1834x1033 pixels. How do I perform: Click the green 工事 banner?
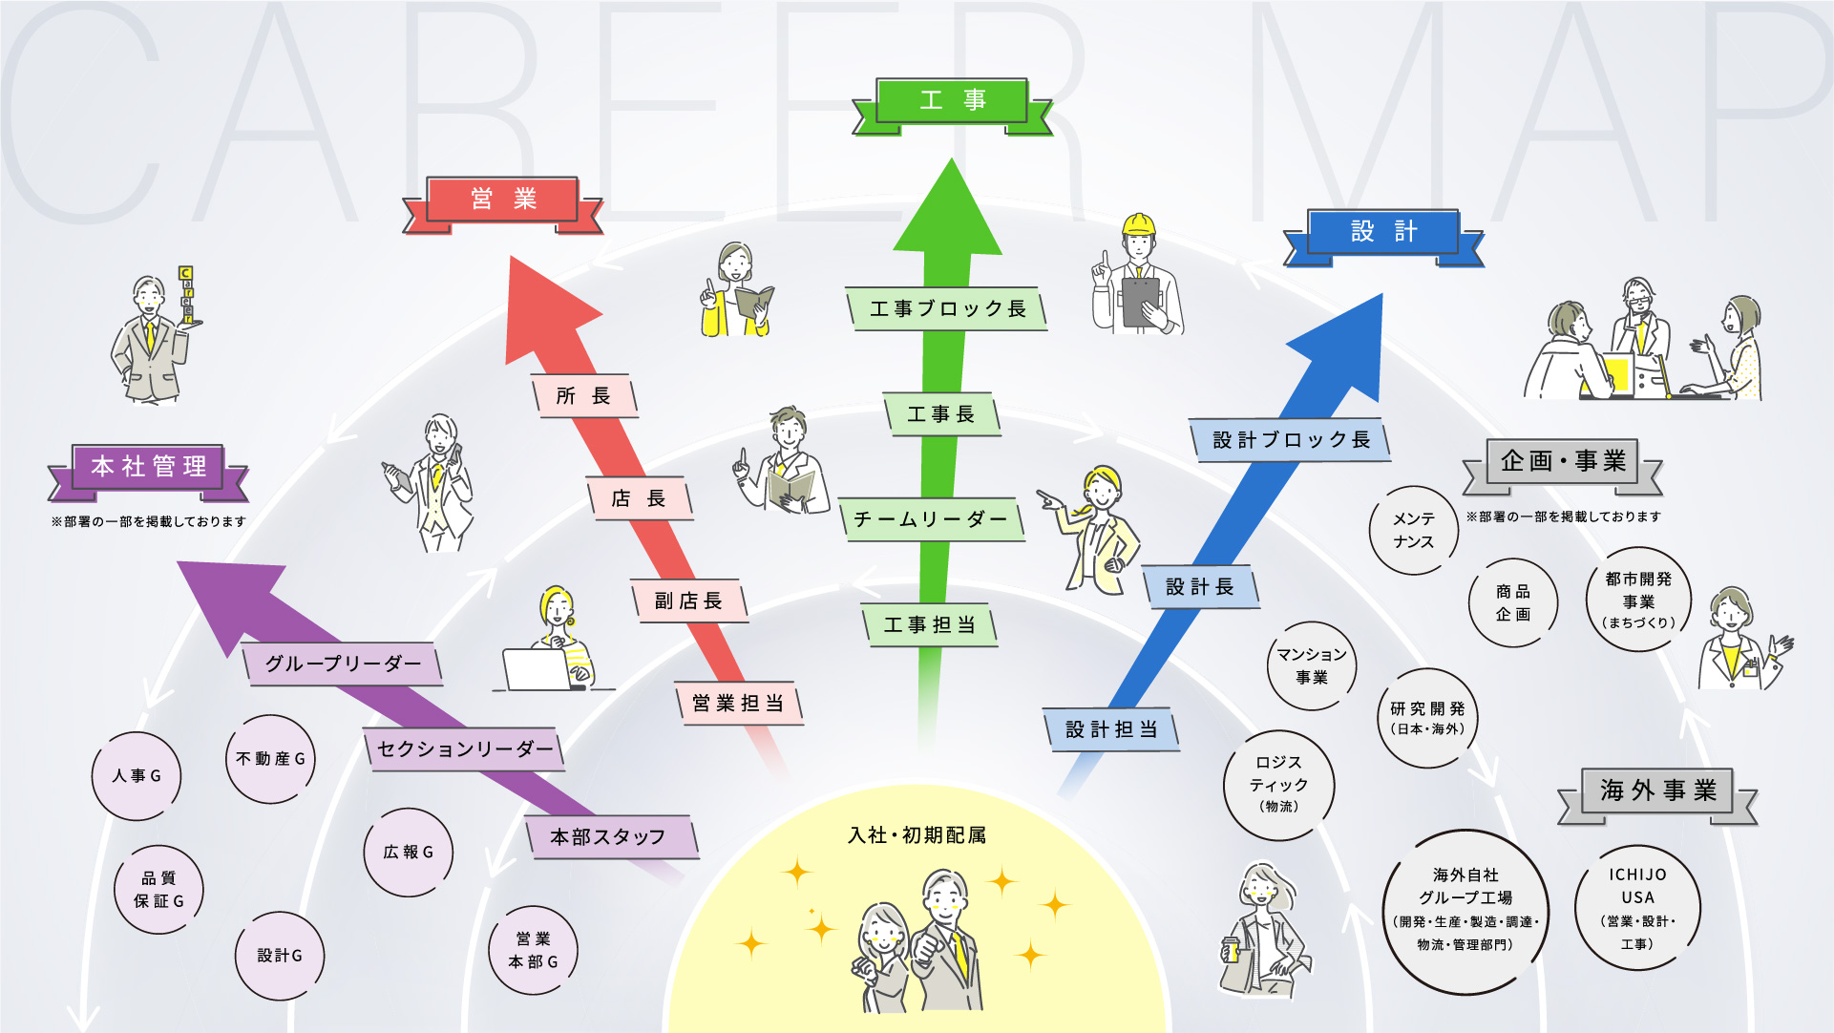coord(952,100)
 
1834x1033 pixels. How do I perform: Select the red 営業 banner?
coord(502,200)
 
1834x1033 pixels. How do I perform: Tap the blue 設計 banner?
coord(1383,232)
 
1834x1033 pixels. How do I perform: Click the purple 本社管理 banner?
coord(148,467)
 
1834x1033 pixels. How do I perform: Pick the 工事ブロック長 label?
coord(947,309)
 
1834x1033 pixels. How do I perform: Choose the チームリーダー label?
coord(931,519)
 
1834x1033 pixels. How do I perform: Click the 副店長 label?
coord(688,601)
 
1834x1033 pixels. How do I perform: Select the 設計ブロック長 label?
coord(1291,440)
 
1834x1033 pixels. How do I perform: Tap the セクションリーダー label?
coord(465,749)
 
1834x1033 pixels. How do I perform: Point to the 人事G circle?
coord(137,776)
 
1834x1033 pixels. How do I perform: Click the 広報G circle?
coord(408,853)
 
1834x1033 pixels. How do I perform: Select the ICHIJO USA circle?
coord(1637,908)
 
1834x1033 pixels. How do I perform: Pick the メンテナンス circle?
coord(1413,530)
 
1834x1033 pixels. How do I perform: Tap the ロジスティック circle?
coord(1278,785)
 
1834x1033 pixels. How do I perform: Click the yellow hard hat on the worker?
coord(1138,225)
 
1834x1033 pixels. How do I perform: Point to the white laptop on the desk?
coord(537,669)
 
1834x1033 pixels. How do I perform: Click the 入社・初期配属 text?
coord(917,835)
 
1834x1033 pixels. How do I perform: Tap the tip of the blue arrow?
coord(1380,298)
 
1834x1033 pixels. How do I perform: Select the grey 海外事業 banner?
coord(1658,791)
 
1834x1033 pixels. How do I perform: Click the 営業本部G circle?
coord(533,950)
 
